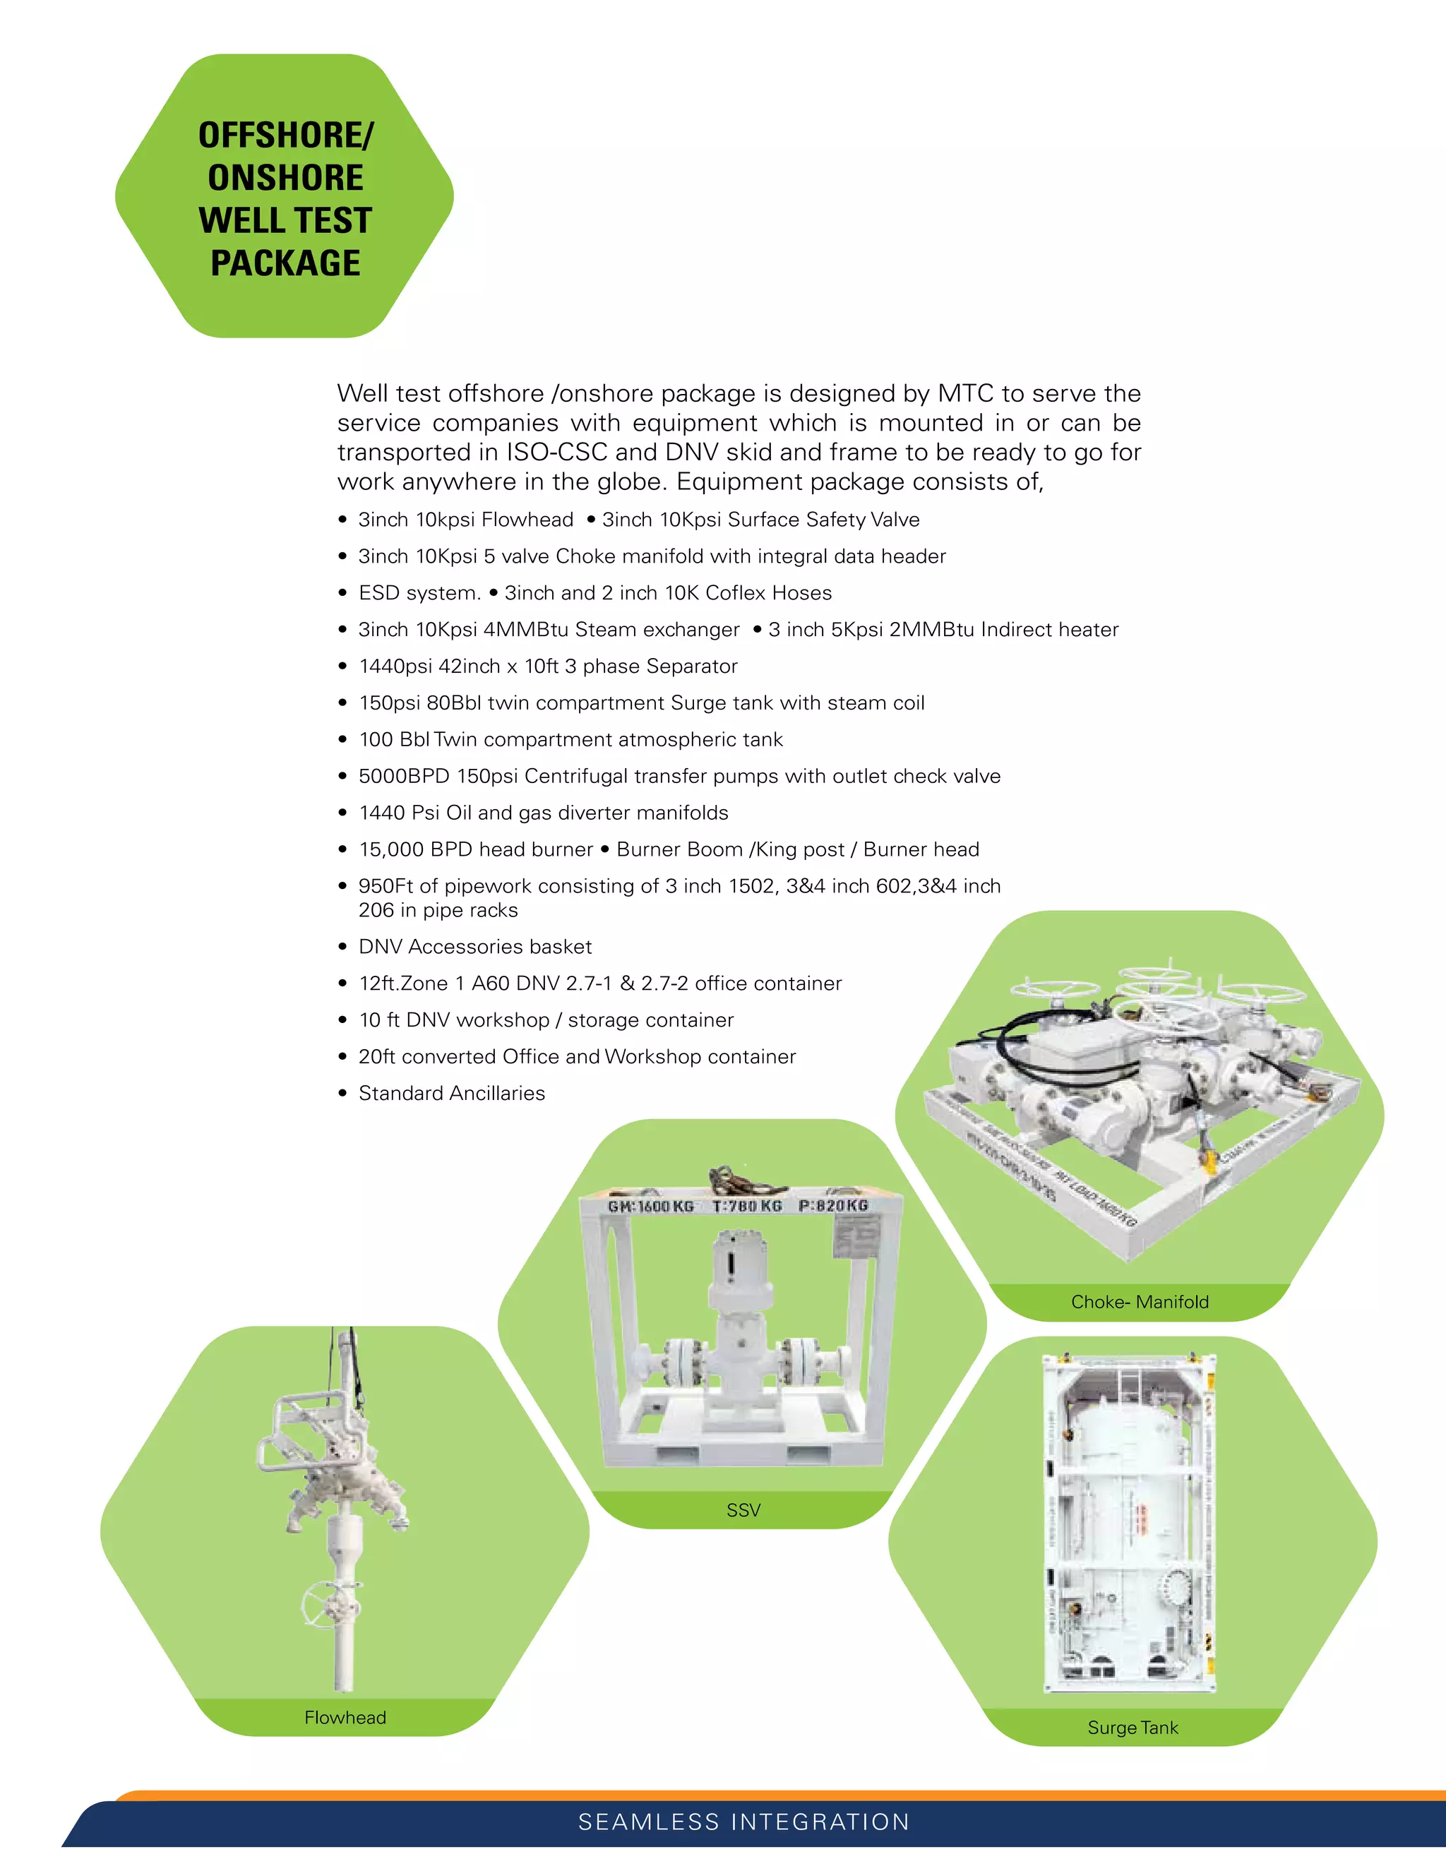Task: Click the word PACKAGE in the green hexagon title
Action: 285,263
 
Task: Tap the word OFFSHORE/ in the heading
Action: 285,136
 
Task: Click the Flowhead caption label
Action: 345,1717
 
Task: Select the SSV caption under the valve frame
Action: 743,1510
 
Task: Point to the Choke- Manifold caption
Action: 1140,1301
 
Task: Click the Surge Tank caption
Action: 1133,1727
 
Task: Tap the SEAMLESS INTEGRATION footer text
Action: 743,1822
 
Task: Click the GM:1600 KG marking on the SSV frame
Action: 650,1206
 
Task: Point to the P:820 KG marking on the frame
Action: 832,1205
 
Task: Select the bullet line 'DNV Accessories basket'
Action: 474,947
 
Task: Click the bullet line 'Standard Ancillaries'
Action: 451,1093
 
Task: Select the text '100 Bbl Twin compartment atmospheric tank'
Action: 570,739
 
